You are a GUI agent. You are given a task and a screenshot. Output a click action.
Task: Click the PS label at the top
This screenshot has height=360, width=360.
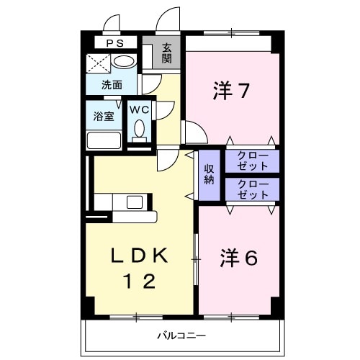115,43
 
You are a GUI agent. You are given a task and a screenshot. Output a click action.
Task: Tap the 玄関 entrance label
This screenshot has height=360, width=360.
166,53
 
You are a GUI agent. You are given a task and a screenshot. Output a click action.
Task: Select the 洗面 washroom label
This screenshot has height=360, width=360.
111,85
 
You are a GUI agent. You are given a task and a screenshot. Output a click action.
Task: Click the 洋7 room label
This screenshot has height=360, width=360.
231,91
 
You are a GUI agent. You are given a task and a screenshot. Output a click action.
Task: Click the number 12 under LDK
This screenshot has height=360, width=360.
140,282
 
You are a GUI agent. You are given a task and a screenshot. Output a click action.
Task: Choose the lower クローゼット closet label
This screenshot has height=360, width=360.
252,189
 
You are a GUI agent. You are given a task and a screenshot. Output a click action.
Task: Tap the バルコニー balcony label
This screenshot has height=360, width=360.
183,336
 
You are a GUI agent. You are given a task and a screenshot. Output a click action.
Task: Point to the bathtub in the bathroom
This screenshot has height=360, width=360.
105,140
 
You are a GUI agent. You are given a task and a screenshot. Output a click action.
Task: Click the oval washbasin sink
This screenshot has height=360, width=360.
125,62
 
